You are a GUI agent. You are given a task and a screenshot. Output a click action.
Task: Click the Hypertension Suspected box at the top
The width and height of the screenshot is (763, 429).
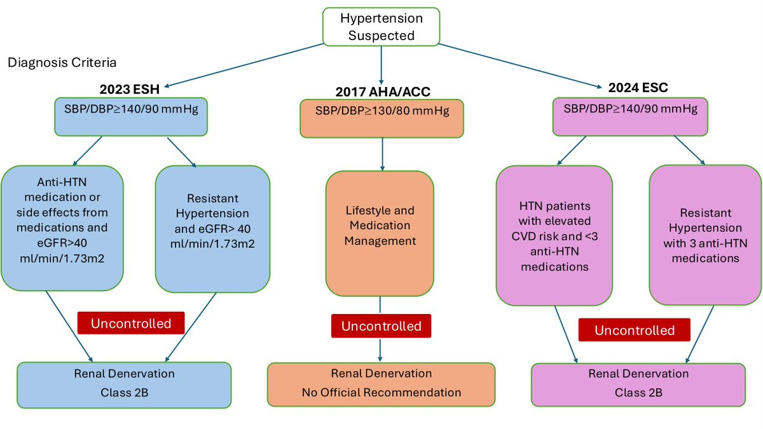[x=380, y=27]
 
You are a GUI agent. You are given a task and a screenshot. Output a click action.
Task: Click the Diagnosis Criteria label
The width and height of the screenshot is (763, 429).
[x=62, y=64]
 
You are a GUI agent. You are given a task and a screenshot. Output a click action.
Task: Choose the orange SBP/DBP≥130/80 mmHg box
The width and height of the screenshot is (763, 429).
[x=381, y=118]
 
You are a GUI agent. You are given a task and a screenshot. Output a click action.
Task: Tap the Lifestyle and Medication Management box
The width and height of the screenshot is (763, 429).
[x=380, y=233]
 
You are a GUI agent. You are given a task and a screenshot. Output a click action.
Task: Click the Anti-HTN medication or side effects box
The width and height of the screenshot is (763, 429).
[x=63, y=227]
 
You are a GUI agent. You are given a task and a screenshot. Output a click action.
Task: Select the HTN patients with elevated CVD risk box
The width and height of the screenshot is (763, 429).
[x=553, y=235]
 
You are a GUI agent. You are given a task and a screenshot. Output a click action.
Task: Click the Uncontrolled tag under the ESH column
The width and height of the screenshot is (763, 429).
[x=131, y=323]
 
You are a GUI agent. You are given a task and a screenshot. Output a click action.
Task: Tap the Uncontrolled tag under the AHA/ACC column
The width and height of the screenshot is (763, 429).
[x=381, y=326]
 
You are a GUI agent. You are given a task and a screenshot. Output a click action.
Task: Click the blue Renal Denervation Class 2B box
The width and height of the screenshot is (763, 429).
[x=123, y=383]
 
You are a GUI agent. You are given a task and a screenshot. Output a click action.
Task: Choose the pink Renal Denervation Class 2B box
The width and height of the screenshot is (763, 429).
[x=638, y=383]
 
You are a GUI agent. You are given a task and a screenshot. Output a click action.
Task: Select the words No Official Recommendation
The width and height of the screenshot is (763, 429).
[x=381, y=393]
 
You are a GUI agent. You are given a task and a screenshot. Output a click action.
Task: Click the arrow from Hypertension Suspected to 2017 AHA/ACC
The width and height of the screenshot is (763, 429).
[x=381, y=62]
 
